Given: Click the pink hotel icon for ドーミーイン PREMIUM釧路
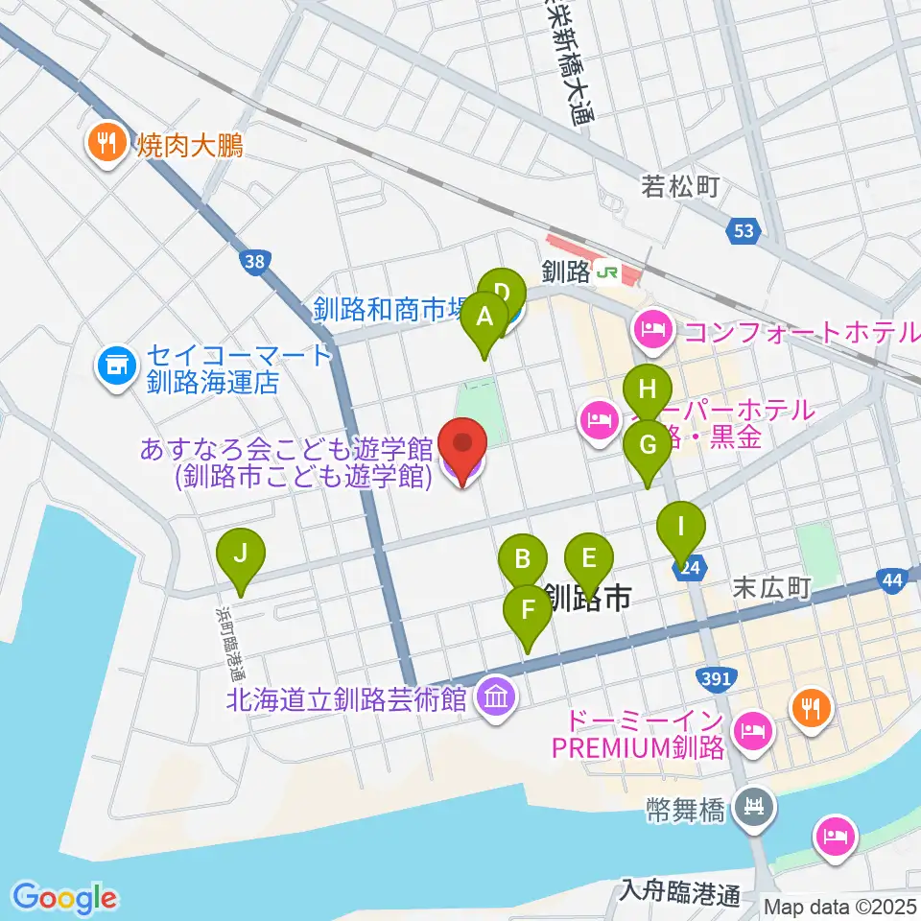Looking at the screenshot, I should click(750, 732).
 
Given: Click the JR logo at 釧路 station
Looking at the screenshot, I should click(606, 272).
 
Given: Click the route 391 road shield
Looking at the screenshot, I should click(720, 679).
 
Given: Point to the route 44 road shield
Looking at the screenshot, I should click(891, 579).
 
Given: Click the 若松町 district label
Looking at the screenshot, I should click(680, 187).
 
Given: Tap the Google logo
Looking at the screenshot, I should click(65, 897).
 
